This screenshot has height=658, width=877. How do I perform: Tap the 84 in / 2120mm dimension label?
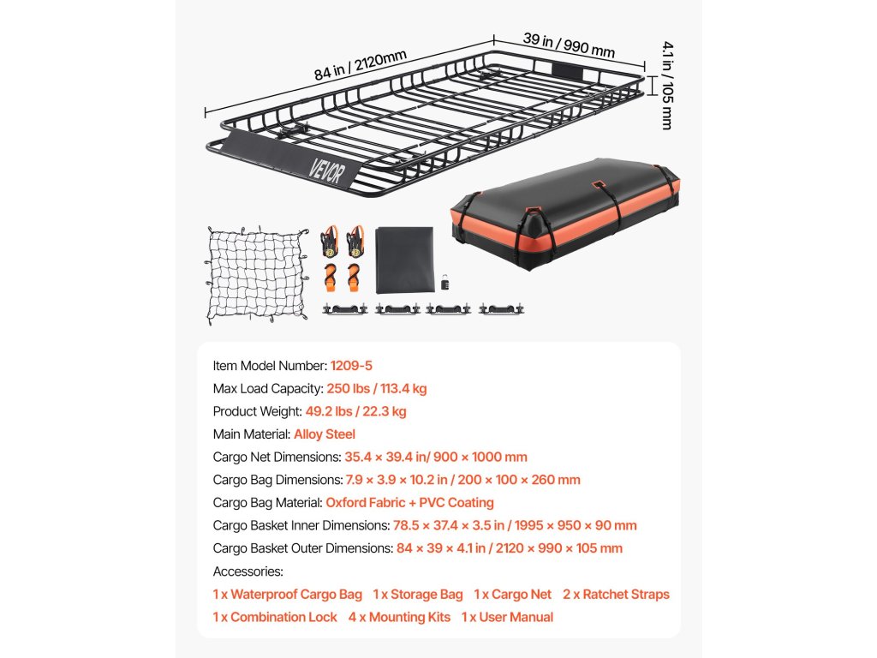(360, 65)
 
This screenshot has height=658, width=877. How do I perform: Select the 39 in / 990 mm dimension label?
(569, 45)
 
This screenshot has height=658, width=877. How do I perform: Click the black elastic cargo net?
(257, 274)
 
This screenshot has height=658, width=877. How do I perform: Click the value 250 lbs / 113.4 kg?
(376, 389)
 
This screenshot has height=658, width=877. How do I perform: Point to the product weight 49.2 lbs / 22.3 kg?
(355, 411)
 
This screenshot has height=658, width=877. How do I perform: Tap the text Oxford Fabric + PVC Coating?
(409, 503)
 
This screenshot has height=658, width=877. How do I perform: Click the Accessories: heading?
(248, 571)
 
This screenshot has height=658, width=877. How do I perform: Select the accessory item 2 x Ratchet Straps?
(616, 595)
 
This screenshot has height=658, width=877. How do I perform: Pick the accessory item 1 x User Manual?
(507, 617)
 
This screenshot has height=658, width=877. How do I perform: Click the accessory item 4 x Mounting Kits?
(399, 617)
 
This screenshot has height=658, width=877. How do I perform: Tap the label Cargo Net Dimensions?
(277, 458)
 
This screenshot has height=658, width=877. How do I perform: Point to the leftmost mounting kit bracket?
(344, 308)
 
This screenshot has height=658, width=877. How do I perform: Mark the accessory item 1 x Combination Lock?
(275, 617)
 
